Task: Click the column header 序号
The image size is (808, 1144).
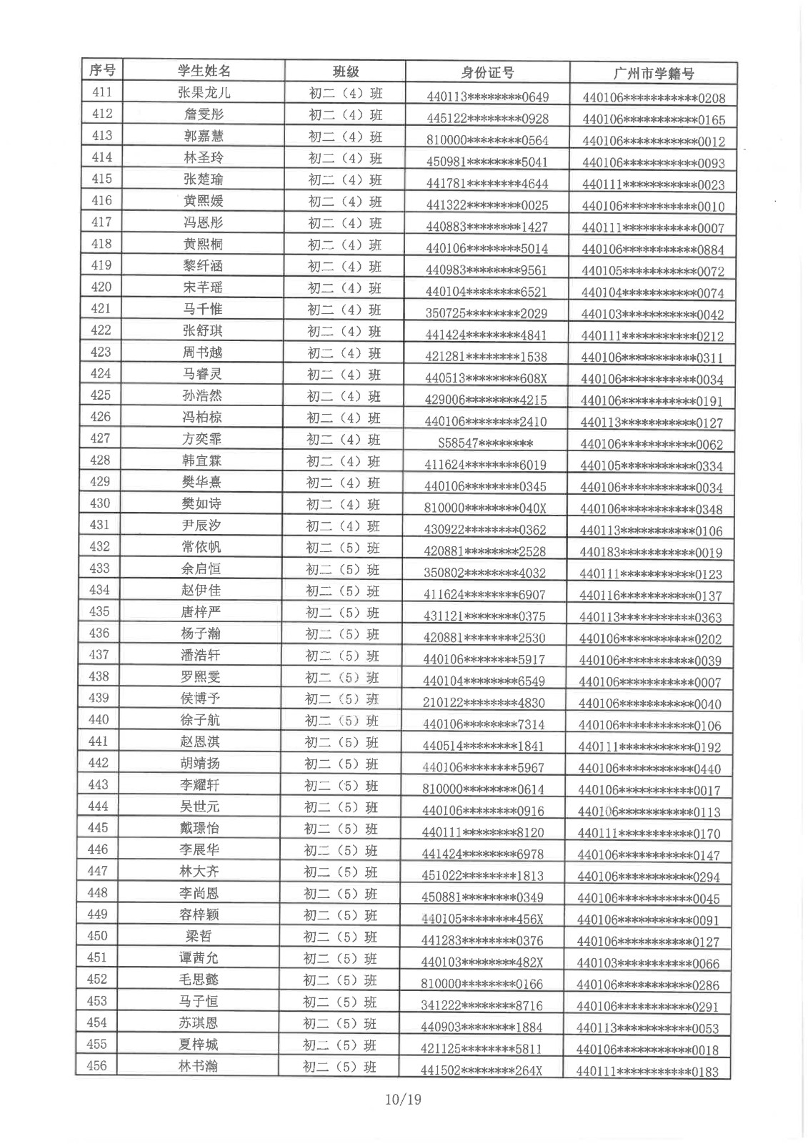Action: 101,70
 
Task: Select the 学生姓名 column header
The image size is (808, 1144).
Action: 204,71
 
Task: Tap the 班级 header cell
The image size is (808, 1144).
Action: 346,71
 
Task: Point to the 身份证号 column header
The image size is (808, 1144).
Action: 487,73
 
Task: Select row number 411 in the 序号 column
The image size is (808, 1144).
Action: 101,92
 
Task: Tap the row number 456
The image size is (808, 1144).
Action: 96,1065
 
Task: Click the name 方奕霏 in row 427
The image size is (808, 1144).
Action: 201,440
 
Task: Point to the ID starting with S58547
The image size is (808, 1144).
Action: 485,443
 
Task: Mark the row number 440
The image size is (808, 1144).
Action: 98,719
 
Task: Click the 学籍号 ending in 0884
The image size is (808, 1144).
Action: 652,250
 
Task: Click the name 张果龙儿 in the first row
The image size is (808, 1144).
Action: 204,92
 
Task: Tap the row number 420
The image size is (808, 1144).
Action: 101,287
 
